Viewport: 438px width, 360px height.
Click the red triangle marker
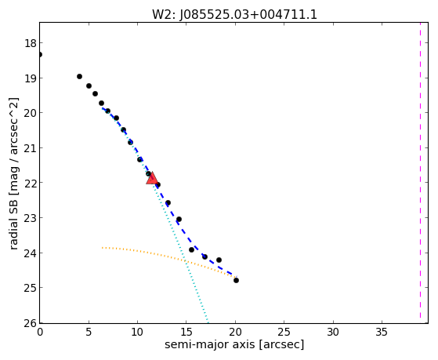[152, 179]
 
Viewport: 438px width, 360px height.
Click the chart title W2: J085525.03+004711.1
[234, 15]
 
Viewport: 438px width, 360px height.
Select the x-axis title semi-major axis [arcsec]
[234, 344]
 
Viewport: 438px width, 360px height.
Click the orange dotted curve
[169, 256]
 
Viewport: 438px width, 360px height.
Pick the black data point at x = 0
[40, 54]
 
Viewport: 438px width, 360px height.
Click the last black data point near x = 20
[236, 280]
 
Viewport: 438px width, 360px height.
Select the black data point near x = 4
[79, 76]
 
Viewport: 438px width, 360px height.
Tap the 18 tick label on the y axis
[31, 43]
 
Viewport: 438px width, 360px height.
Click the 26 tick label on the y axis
[31, 323]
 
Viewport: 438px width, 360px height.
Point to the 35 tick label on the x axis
[382, 333]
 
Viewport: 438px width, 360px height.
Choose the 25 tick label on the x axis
[284, 333]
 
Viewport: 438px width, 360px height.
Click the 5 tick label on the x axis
[89, 333]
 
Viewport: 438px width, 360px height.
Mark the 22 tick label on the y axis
[31, 183]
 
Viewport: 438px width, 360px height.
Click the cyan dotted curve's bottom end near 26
[208, 322]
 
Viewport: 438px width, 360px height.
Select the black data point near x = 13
[168, 203]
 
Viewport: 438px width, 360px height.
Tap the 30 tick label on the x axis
[333, 333]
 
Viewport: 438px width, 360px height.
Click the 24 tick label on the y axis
[31, 253]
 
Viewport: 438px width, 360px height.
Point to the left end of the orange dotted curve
[103, 248]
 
